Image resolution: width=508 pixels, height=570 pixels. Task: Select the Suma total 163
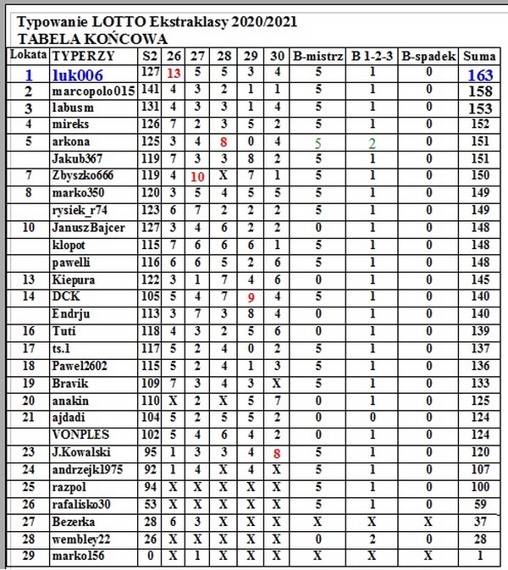pos(480,75)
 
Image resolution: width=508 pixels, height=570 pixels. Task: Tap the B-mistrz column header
pos(317,56)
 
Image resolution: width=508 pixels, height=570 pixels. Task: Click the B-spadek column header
pos(429,56)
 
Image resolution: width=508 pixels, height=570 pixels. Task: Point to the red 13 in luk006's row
pos(174,74)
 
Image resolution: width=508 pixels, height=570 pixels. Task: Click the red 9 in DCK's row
pos(251,297)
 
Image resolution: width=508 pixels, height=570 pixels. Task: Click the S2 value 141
pos(152,91)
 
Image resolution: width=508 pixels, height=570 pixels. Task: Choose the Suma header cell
pos(480,56)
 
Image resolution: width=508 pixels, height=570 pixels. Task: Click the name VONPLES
pos(78,435)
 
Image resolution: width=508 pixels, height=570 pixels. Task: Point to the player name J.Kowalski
pos(82,452)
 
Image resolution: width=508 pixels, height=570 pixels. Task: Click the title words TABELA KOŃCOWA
pos(92,39)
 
